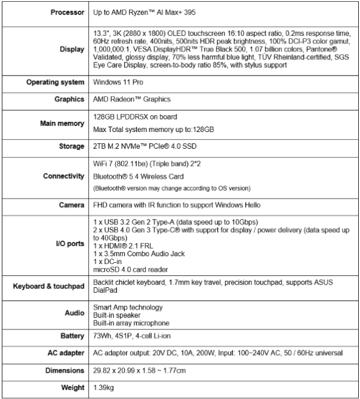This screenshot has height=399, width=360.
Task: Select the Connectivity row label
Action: [x=64, y=176]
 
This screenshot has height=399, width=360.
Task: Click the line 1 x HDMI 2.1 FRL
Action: [x=122, y=245]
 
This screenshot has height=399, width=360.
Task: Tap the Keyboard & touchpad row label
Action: [x=47, y=287]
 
